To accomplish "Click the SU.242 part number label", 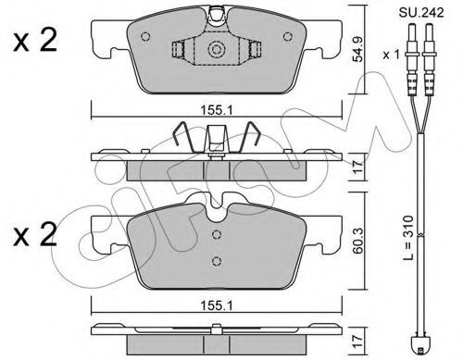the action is [421, 13].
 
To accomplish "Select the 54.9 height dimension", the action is [358, 49].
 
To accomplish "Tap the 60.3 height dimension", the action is [358, 241].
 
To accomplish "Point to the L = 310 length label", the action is [408, 238].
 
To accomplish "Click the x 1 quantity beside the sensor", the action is [391, 55].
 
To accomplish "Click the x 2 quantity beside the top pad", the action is [35, 41].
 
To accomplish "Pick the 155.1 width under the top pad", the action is [217, 110].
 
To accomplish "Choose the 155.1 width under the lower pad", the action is [217, 305].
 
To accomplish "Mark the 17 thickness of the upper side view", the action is [358, 167].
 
